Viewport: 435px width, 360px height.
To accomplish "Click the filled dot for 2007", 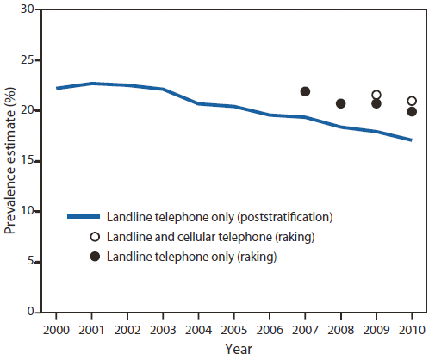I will (x=305, y=91).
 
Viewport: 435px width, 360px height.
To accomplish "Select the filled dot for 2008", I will (x=341, y=103).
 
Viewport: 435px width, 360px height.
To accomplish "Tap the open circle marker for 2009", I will (x=376, y=95).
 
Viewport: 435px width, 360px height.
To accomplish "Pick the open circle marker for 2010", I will (x=412, y=101).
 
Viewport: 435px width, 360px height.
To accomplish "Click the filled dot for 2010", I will (x=412, y=111).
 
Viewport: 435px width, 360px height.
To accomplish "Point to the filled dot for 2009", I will (x=376, y=103).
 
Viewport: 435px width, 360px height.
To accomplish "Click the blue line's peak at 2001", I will (x=92, y=84).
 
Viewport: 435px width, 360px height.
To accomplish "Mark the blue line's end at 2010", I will (x=412, y=140).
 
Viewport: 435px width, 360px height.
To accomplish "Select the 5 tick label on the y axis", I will (x=37, y=262).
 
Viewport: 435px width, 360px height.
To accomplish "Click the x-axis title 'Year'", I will (x=234, y=348).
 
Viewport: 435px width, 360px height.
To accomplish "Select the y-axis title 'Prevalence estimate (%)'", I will (x=10, y=160).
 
